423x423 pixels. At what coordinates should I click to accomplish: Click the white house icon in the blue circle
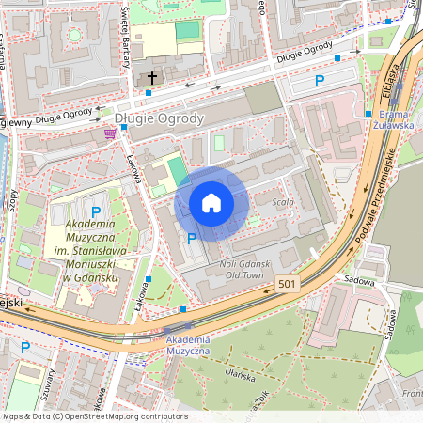pos(211,203)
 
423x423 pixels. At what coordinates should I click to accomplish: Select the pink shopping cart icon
pos(111,133)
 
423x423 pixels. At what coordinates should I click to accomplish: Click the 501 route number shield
pos(290,284)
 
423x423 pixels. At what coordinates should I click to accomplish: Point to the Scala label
pos(283,202)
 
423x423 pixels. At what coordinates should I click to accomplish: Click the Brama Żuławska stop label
pos(386,119)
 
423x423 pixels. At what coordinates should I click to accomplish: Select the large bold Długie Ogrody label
pos(158,118)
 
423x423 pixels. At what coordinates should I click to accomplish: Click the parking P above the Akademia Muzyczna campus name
pos(95,212)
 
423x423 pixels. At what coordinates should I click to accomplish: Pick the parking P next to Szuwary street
pos(25,348)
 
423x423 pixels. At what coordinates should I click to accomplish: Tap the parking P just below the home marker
pos(192,239)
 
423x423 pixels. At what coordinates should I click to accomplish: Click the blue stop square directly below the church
pos(149,93)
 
